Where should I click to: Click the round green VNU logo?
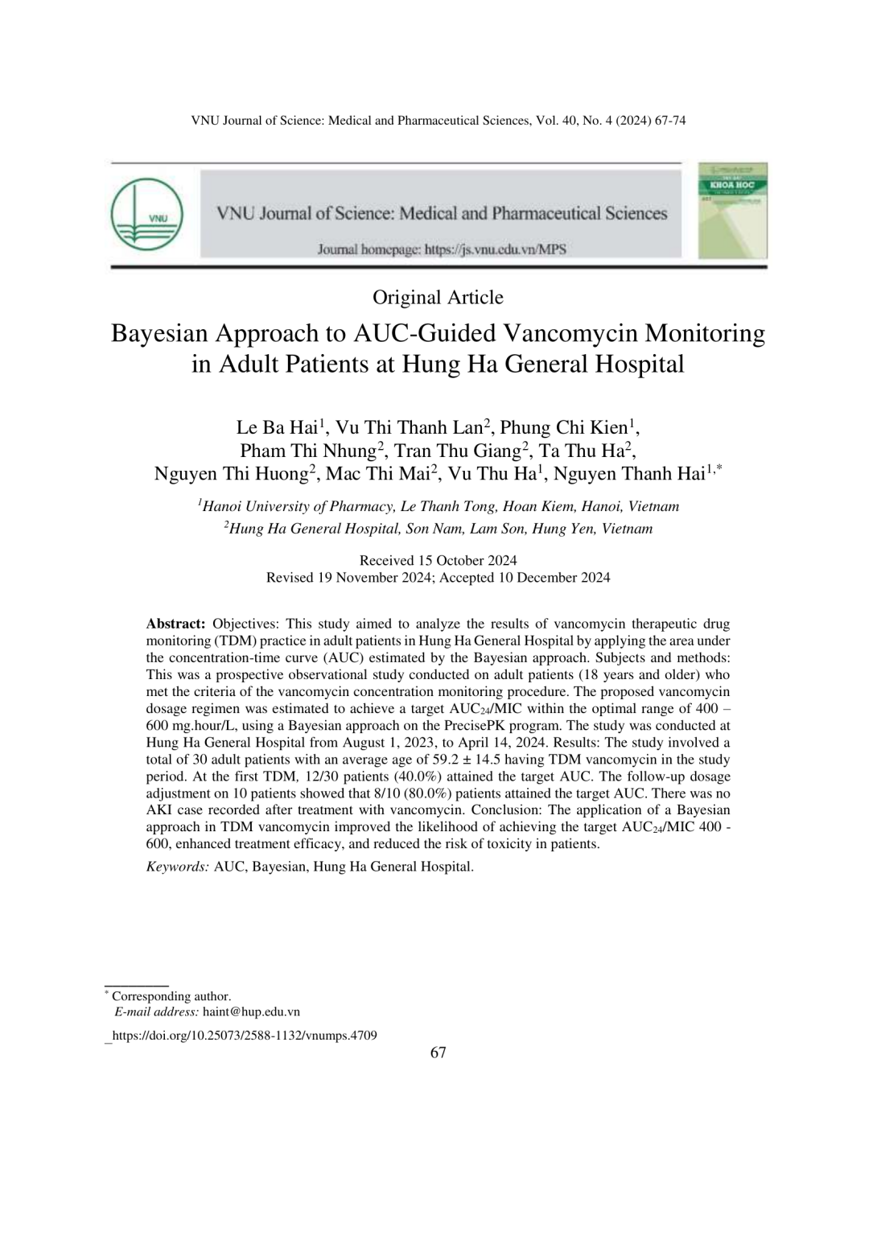pyautogui.click(x=146, y=214)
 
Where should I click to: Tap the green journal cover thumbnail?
pyautogui.click(x=732, y=211)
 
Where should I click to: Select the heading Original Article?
pyautogui.click(x=438, y=298)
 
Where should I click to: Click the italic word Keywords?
pyautogui.click(x=178, y=867)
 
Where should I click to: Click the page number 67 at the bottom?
pyautogui.click(x=438, y=1053)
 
